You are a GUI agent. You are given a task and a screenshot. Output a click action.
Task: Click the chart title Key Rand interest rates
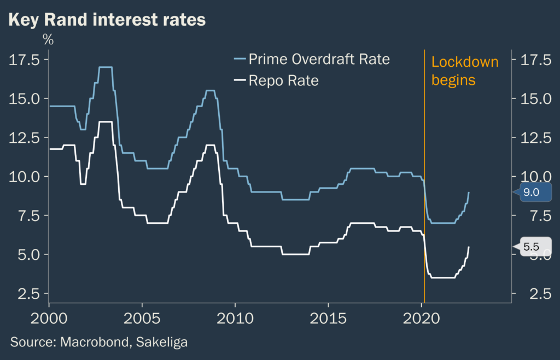click(107, 20)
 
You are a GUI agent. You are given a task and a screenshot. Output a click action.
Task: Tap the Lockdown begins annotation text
click(465, 71)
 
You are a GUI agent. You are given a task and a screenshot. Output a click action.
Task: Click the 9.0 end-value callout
click(532, 192)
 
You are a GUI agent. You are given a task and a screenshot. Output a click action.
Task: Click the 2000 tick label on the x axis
click(49, 318)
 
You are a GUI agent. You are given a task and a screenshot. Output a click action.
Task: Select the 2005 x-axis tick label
click(142, 318)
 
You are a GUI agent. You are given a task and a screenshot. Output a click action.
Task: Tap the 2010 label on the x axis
click(235, 318)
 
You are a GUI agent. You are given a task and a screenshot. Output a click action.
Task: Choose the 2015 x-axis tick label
click(328, 318)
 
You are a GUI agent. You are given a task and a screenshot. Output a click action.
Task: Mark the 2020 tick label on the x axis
click(421, 318)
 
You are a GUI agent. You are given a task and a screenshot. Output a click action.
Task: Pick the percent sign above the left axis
click(48, 40)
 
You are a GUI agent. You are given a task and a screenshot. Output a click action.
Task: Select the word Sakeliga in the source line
click(164, 342)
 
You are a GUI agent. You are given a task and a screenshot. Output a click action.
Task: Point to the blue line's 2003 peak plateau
click(105, 67)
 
